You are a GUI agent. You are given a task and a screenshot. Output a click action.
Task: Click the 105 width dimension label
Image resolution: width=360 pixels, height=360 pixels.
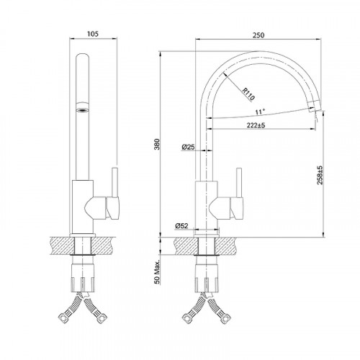(93, 34)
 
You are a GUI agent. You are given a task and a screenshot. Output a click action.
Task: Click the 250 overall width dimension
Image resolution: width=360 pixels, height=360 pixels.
(258, 35)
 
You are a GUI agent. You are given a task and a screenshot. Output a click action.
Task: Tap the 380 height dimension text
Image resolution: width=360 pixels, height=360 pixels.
(157, 144)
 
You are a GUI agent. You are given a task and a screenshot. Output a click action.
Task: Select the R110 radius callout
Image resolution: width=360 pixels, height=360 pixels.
(248, 94)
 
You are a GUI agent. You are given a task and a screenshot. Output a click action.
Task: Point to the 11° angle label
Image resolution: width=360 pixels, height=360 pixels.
(260, 112)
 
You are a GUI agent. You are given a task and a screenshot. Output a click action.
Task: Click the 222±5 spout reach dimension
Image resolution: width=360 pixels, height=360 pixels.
(256, 125)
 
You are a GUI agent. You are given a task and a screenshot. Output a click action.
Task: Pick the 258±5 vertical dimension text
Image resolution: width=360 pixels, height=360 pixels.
(320, 176)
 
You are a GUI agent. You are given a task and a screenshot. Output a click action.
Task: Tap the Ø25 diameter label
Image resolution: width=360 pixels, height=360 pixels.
(188, 147)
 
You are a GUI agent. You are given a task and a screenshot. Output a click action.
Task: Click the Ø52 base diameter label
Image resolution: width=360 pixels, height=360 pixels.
(181, 225)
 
